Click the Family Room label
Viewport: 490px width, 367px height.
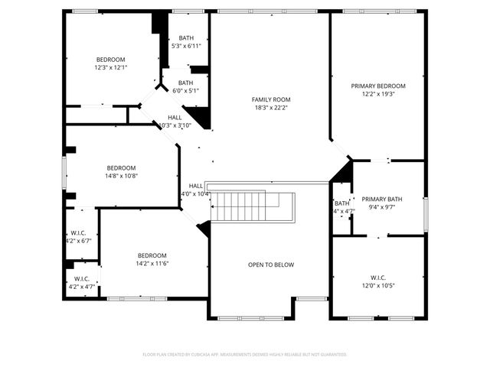[271, 99]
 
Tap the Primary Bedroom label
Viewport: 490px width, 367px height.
[378, 86]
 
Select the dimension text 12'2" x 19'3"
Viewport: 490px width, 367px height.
[378, 95]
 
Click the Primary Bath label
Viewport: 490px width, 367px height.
[381, 199]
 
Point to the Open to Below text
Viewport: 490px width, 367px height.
[270, 265]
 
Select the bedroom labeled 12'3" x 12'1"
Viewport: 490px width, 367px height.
[110, 63]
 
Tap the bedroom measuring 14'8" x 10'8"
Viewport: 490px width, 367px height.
[121, 172]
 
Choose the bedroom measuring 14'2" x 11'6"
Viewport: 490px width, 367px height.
[152, 259]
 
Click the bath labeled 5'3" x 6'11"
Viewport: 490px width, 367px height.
[186, 43]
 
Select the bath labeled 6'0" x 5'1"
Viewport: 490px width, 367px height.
[186, 86]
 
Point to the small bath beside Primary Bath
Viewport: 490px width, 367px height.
[341, 207]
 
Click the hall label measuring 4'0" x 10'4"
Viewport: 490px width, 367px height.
[196, 190]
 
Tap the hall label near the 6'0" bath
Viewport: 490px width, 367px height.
[175, 121]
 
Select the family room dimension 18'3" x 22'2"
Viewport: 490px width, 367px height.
[271, 108]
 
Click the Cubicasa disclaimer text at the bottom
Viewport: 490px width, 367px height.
[245, 354]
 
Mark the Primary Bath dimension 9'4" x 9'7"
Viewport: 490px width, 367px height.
[381, 207]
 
